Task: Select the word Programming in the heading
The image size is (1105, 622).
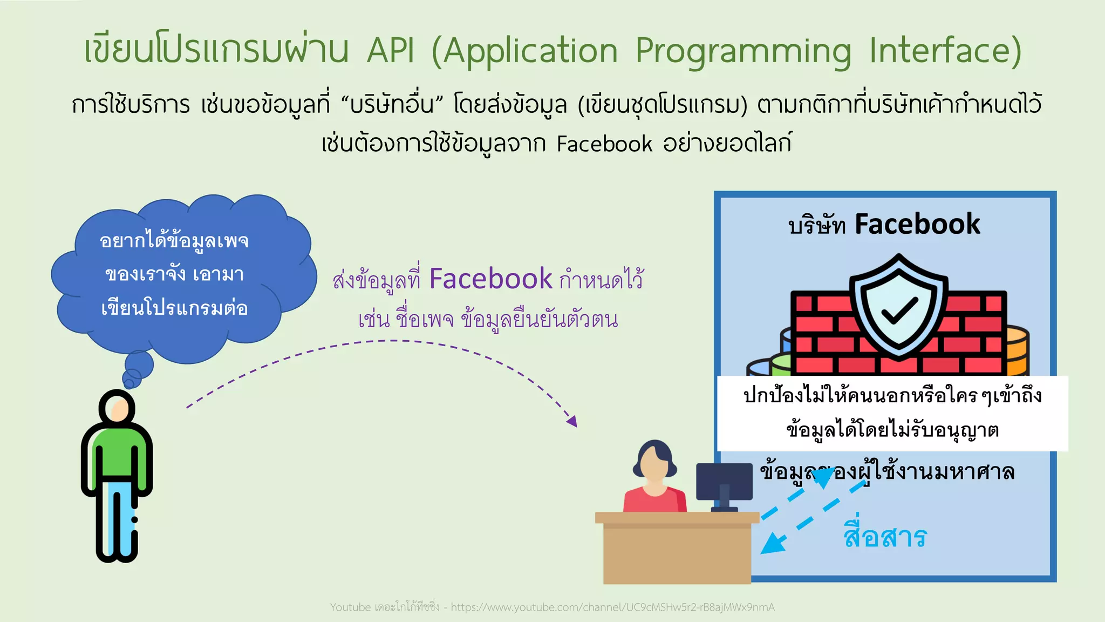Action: pos(744,51)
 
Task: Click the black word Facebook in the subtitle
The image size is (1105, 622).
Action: pos(604,144)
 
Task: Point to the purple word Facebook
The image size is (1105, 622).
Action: pos(490,279)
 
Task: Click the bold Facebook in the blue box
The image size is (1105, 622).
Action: pos(917,224)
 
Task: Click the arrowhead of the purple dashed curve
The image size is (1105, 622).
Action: pos(572,421)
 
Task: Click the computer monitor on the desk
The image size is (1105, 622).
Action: pos(724,482)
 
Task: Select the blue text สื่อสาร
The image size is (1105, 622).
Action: pos(885,537)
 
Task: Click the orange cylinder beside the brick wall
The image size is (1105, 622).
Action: pos(1018,351)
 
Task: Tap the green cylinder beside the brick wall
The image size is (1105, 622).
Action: pos(781,365)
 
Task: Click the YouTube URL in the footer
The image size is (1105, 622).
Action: pos(612,607)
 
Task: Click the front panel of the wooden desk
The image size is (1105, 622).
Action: pos(677,556)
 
